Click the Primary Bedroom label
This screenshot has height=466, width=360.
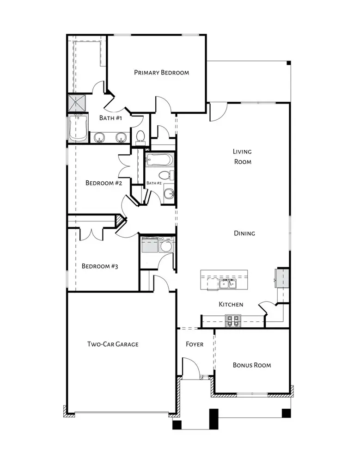161,73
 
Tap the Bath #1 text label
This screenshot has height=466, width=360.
110,118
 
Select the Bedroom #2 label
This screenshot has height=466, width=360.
104,183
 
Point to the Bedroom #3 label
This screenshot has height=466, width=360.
100,266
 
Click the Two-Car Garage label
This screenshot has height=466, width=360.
113,344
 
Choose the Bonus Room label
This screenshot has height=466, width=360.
252,365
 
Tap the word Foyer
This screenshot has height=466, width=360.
195,344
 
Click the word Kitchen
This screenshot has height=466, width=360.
231,304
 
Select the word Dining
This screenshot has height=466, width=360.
244,233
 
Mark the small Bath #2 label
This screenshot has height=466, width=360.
154,184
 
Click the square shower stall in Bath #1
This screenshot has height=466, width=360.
77,104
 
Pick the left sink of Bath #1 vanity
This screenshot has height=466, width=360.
99,137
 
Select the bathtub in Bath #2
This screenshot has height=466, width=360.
159,160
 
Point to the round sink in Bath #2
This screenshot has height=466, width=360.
169,194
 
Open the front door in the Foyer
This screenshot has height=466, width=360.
190,368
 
